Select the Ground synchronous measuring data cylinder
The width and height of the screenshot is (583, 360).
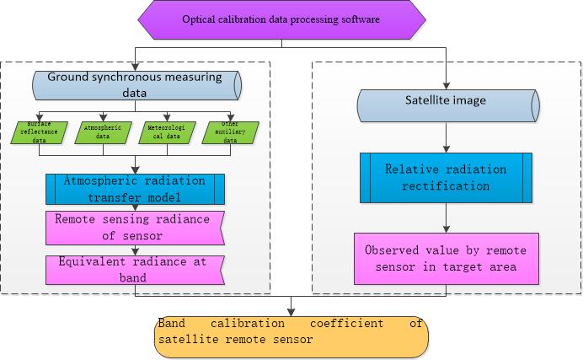[135, 85]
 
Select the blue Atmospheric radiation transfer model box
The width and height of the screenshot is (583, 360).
[135, 189]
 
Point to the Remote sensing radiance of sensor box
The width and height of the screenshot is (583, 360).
[135, 226]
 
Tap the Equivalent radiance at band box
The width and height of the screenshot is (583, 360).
[135, 269]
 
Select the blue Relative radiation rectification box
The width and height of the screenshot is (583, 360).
[446, 178]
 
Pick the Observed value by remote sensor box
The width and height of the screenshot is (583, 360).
[446, 259]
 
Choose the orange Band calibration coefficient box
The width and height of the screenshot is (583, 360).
[291, 336]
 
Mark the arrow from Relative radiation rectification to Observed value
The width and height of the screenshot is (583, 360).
[446, 218]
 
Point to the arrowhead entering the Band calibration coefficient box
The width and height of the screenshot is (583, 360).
[291, 311]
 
